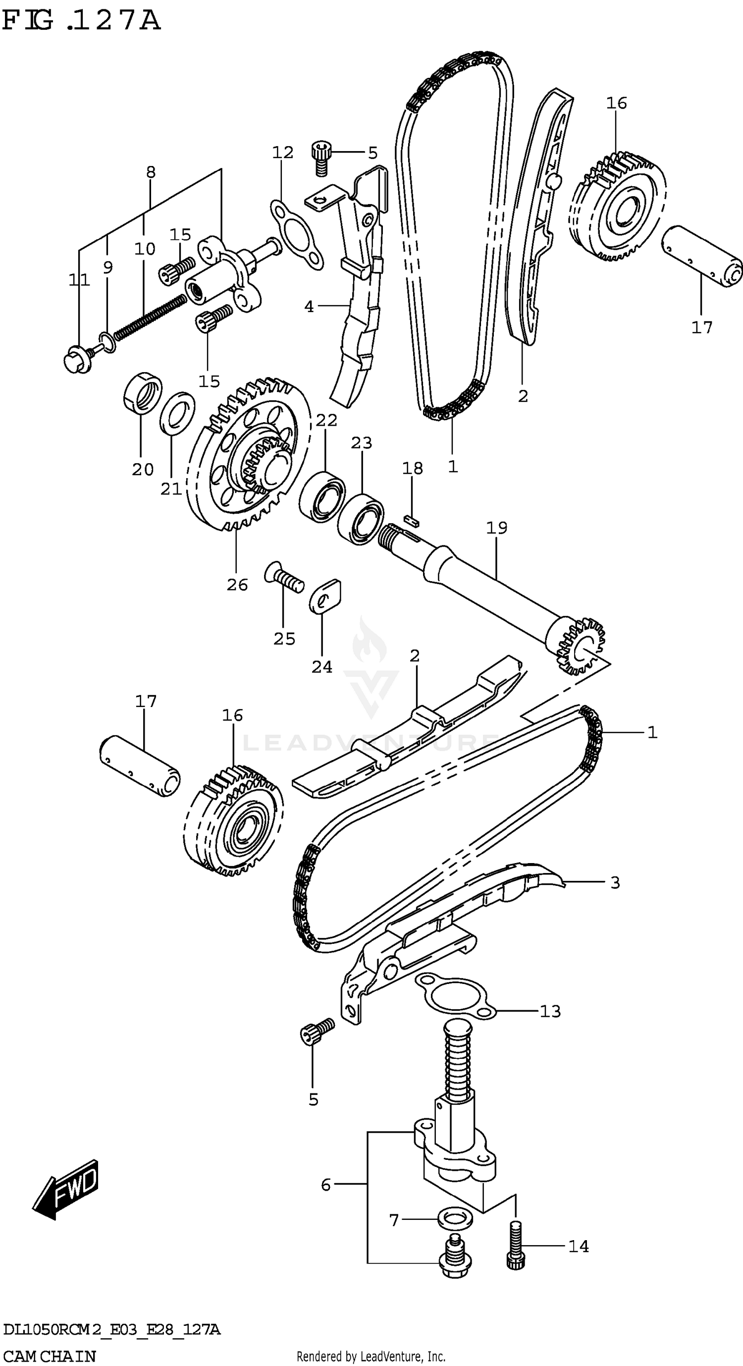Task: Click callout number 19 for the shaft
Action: coord(496,528)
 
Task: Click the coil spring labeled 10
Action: coord(151,317)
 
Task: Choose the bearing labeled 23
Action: coord(361,518)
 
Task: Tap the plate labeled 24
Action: coord(325,597)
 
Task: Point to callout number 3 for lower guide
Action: coord(615,883)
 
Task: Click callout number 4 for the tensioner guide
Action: coord(309,306)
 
